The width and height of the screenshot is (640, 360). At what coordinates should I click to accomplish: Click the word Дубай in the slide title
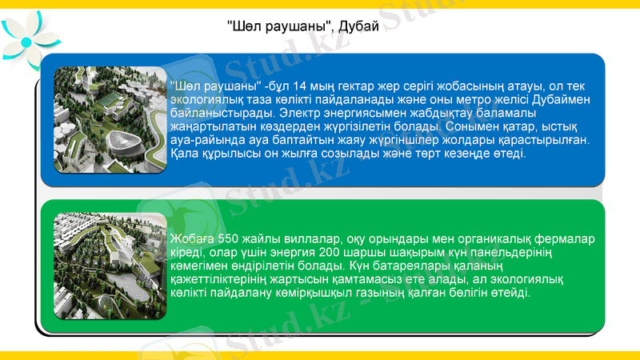point(358,26)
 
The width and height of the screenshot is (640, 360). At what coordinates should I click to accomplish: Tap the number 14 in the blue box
point(302,86)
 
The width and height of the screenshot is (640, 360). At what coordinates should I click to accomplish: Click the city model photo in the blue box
point(105,120)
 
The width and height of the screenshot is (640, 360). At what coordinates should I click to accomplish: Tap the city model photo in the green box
point(110,266)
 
